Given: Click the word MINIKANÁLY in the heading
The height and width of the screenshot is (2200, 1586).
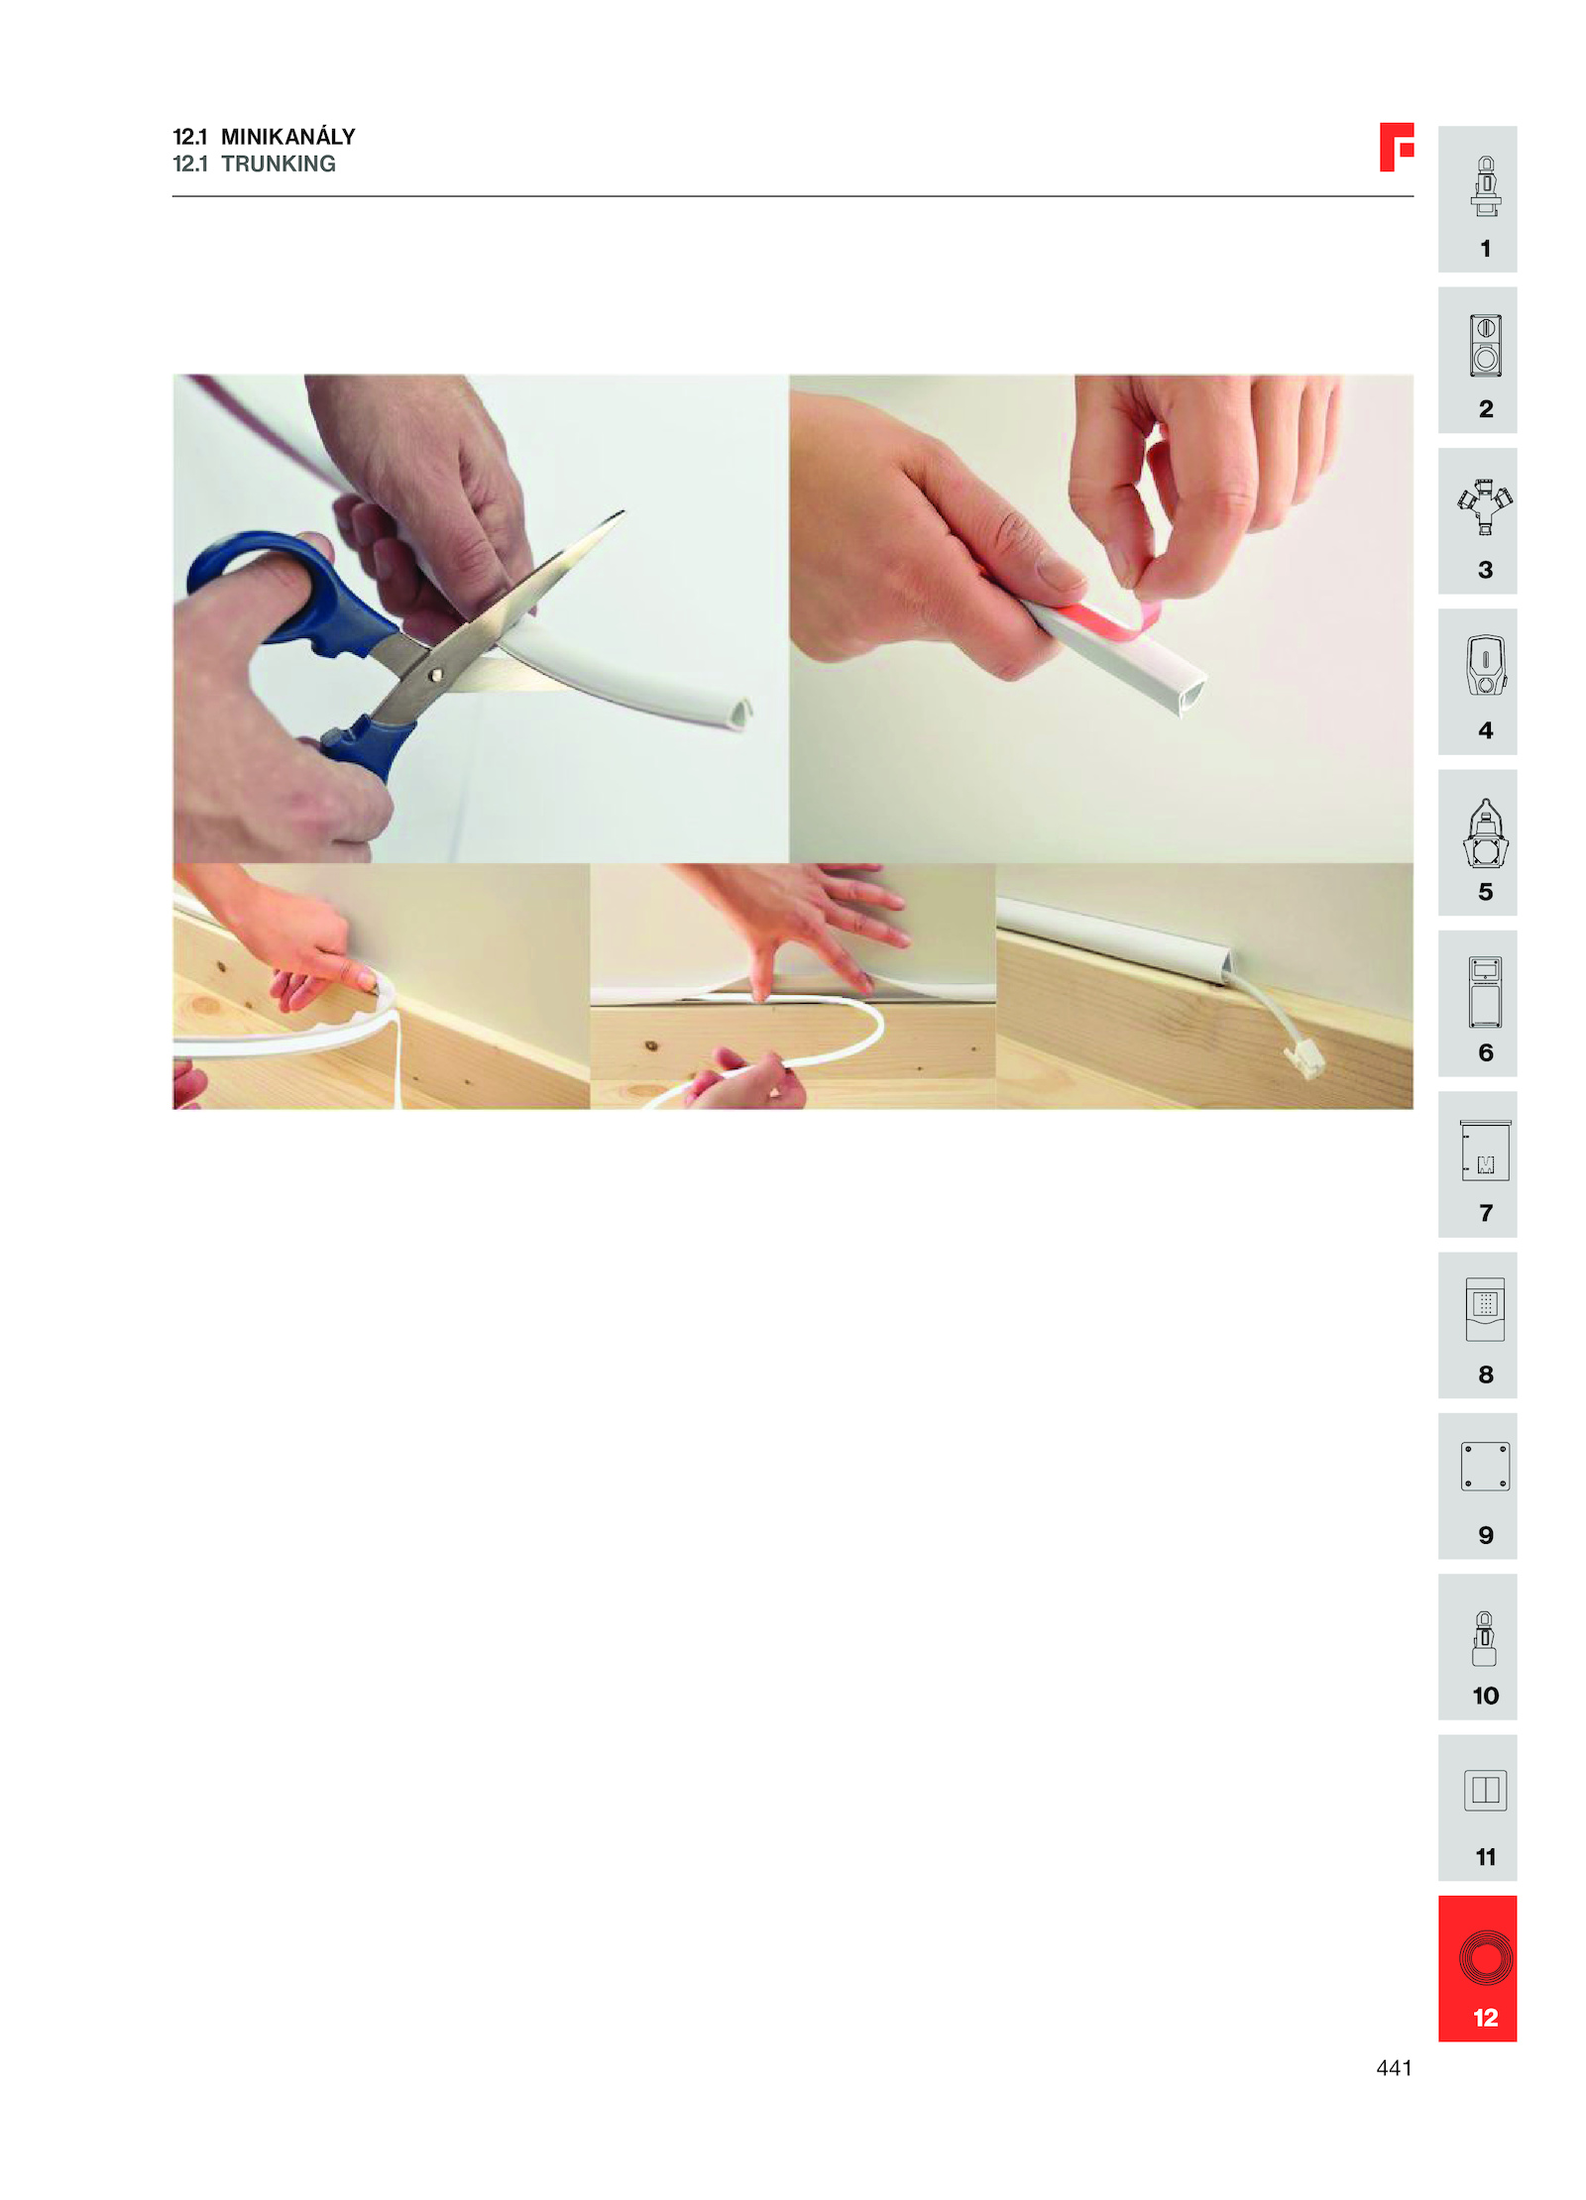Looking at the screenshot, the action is (x=287, y=137).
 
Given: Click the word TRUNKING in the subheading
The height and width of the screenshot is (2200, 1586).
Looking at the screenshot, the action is (x=279, y=164).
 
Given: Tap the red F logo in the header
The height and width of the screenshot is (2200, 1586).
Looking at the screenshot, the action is (x=1396, y=147).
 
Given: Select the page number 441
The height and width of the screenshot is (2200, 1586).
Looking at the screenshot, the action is (x=1394, y=2067).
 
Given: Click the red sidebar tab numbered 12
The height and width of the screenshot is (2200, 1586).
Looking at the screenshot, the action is (x=1477, y=1968).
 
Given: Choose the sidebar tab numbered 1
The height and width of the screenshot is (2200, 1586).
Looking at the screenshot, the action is (x=1477, y=198).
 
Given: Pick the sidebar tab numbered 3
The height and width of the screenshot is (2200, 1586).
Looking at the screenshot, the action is (x=1477, y=520).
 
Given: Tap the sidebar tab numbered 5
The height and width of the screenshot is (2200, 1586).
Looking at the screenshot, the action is (x=1477, y=842).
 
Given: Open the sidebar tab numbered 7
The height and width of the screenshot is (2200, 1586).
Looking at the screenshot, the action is (x=1477, y=1164).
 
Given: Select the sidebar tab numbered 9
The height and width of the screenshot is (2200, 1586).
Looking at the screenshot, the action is (x=1477, y=1485).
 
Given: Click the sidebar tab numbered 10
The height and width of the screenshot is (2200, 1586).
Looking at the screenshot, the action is (x=1477, y=1647).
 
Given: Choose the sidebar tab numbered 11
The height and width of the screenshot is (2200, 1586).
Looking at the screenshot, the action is (x=1477, y=1808).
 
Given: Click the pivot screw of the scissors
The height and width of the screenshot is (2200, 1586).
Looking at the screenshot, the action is (x=434, y=676).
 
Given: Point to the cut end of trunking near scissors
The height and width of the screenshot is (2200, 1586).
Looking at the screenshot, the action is (x=736, y=715).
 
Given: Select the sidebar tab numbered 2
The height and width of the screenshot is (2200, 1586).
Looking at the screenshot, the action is (x=1477, y=360).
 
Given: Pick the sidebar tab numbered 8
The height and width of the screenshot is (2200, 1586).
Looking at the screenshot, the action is (x=1477, y=1325).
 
